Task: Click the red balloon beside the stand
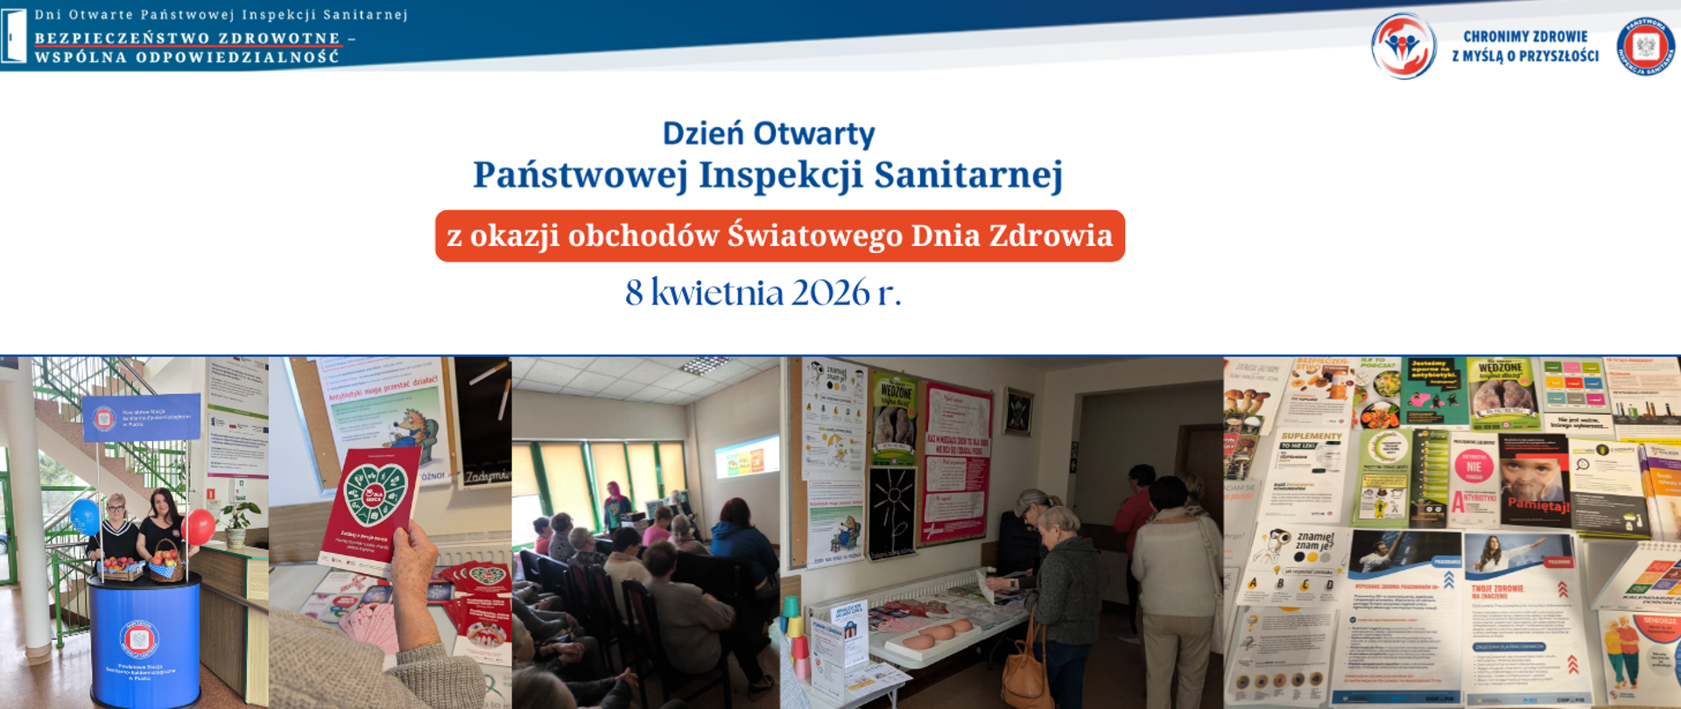tap(200, 527)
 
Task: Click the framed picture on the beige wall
tap(1017, 411)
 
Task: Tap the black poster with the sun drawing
tap(892, 512)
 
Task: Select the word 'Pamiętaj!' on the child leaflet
tap(1538, 506)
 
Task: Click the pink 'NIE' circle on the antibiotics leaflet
tap(1474, 467)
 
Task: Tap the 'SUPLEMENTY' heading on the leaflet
tap(1311, 436)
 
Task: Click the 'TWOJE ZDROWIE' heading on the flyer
tap(1497, 588)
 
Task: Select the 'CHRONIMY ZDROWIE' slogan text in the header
tap(1525, 37)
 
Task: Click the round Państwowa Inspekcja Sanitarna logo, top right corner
tap(1645, 46)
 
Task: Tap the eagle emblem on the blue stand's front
tap(139, 640)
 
